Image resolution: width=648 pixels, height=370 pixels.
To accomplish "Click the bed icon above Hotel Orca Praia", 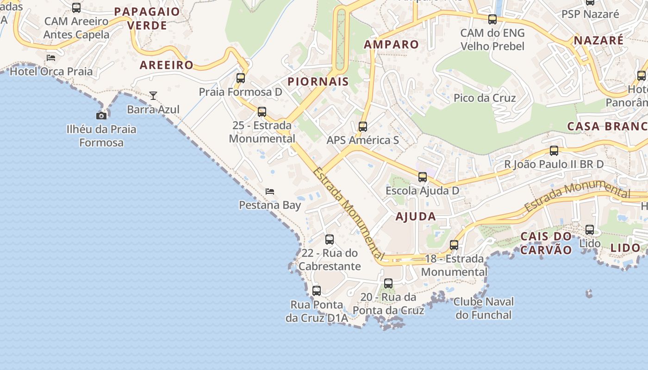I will coord(51,58).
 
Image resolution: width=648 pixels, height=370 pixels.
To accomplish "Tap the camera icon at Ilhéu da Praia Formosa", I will coord(101,116).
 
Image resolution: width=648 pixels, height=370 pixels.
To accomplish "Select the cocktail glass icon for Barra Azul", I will coord(153,96).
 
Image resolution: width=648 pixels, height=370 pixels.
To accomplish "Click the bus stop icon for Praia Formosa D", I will coord(241,78).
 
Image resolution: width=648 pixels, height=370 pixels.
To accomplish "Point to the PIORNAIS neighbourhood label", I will coord(318,82).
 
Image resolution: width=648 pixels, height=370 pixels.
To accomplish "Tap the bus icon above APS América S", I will coord(363,126).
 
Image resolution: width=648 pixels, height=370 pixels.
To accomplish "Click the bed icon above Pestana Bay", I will coord(270,191).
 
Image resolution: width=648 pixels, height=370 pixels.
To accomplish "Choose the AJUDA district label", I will coord(416,216).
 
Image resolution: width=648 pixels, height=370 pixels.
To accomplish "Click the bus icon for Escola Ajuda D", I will coord(422,177).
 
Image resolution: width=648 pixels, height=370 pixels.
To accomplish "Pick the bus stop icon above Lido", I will coord(590,229).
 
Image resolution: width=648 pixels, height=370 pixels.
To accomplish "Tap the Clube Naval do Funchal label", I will coord(484,308).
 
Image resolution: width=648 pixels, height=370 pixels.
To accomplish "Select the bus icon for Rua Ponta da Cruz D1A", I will coord(317,291).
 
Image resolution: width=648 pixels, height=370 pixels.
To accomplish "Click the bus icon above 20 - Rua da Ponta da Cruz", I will coord(388,283).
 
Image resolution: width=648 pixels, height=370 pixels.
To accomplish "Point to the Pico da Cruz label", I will coord(485,98).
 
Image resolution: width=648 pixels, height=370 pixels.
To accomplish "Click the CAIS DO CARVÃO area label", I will coord(546,243).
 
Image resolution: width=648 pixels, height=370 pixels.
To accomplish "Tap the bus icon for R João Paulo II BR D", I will coord(554,150).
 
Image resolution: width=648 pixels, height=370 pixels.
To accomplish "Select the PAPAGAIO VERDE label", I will coord(147,18).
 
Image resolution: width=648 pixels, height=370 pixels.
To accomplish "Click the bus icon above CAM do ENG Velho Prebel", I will coord(492,19).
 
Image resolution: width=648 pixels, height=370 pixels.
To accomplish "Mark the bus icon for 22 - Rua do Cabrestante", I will coord(330,240).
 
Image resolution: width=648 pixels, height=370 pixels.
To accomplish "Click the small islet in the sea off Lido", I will coord(589,293).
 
